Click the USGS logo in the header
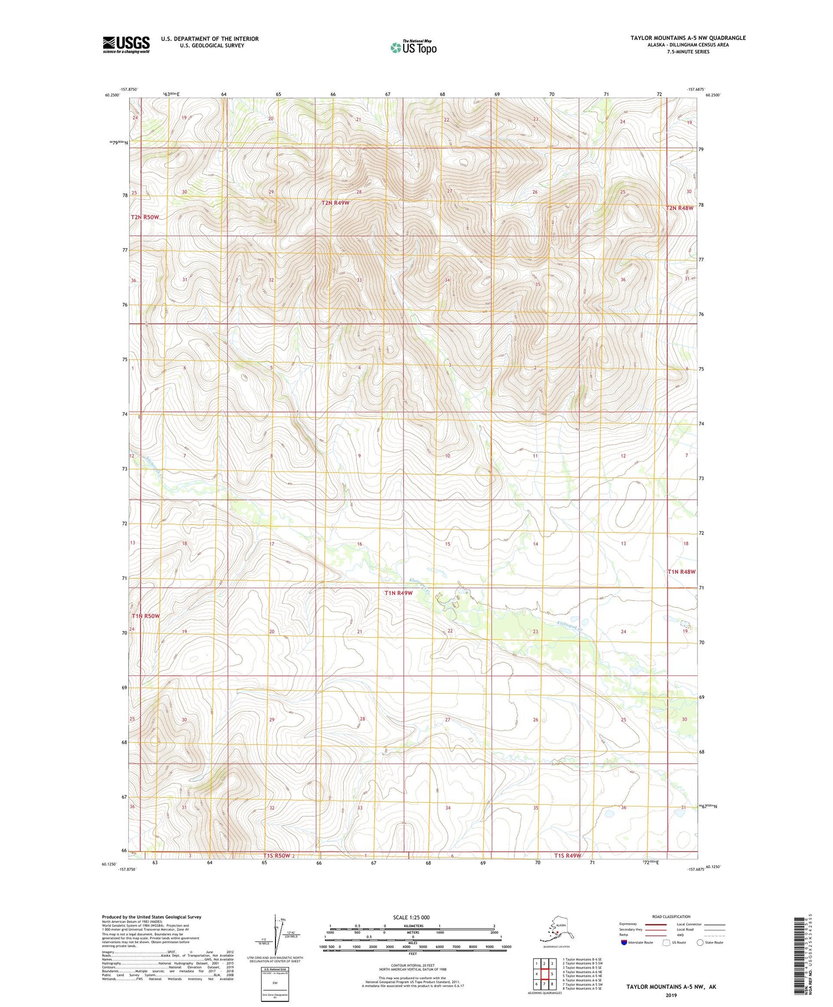(x=126, y=44)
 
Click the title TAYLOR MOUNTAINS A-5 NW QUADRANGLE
(x=688, y=38)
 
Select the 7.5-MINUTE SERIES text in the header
(x=688, y=52)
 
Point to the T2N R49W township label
(x=335, y=203)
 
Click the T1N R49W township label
(x=398, y=593)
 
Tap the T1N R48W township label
(x=681, y=572)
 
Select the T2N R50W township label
(x=145, y=217)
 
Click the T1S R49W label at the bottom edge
(x=567, y=856)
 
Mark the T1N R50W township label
(x=145, y=616)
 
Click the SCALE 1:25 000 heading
(x=411, y=917)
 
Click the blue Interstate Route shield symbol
(x=624, y=943)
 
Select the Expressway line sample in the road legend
(x=659, y=925)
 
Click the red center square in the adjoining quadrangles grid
(x=544, y=974)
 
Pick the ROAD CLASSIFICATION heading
(x=671, y=916)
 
